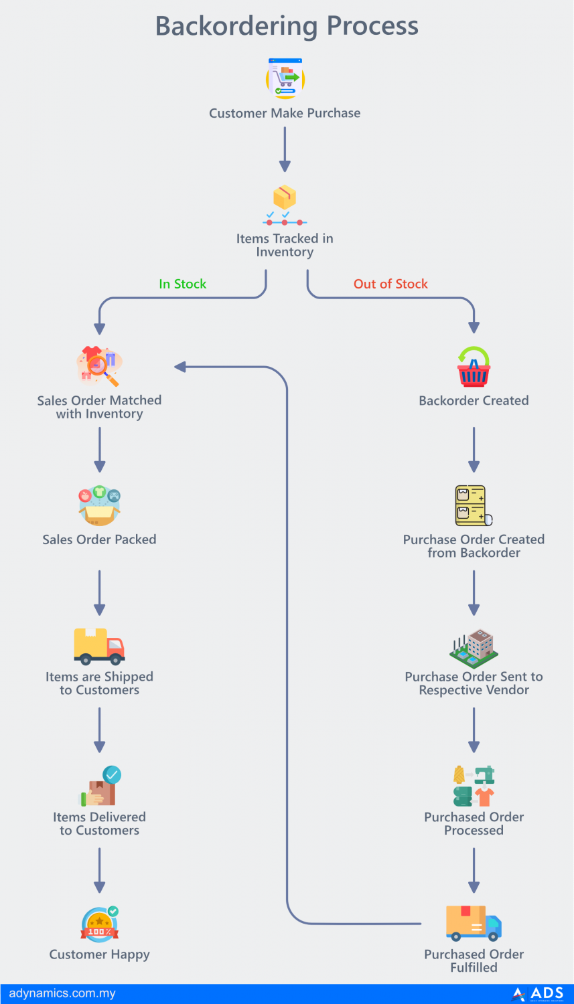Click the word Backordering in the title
(236, 27)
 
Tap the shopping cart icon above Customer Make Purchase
(285, 79)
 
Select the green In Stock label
(182, 284)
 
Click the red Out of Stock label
(390, 284)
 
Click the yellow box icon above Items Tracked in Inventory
(285, 197)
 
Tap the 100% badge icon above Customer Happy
(99, 925)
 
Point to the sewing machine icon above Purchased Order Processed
(484, 775)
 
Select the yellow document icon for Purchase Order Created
(472, 506)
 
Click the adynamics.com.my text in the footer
(62, 993)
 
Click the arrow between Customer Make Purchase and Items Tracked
(285, 149)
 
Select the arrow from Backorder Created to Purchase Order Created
(474, 449)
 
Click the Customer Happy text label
(99, 954)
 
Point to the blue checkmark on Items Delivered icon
(112, 775)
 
